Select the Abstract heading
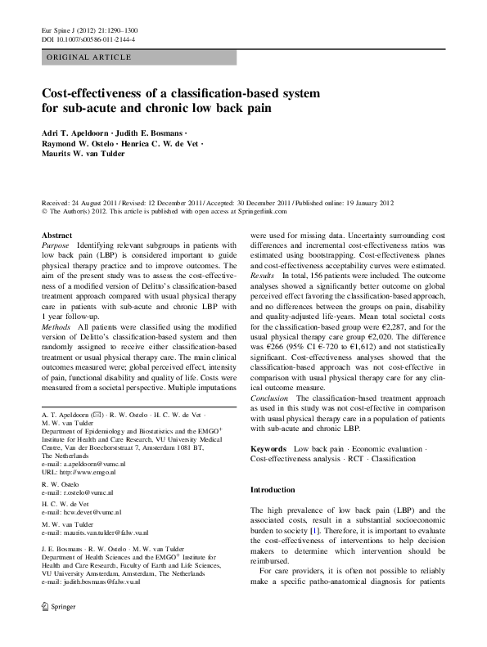[56, 235]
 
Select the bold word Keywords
[268, 449]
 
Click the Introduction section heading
[273, 490]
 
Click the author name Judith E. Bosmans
[146, 131]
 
